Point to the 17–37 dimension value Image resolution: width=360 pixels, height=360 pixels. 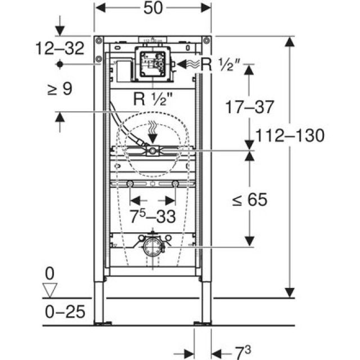pyautogui.click(x=249, y=106)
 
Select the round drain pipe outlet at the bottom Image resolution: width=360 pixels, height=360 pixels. pyautogui.click(x=152, y=246)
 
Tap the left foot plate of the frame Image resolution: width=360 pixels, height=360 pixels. pyautogui.click(x=102, y=323)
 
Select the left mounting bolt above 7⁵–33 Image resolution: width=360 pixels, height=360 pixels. pyautogui.click(x=130, y=184)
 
